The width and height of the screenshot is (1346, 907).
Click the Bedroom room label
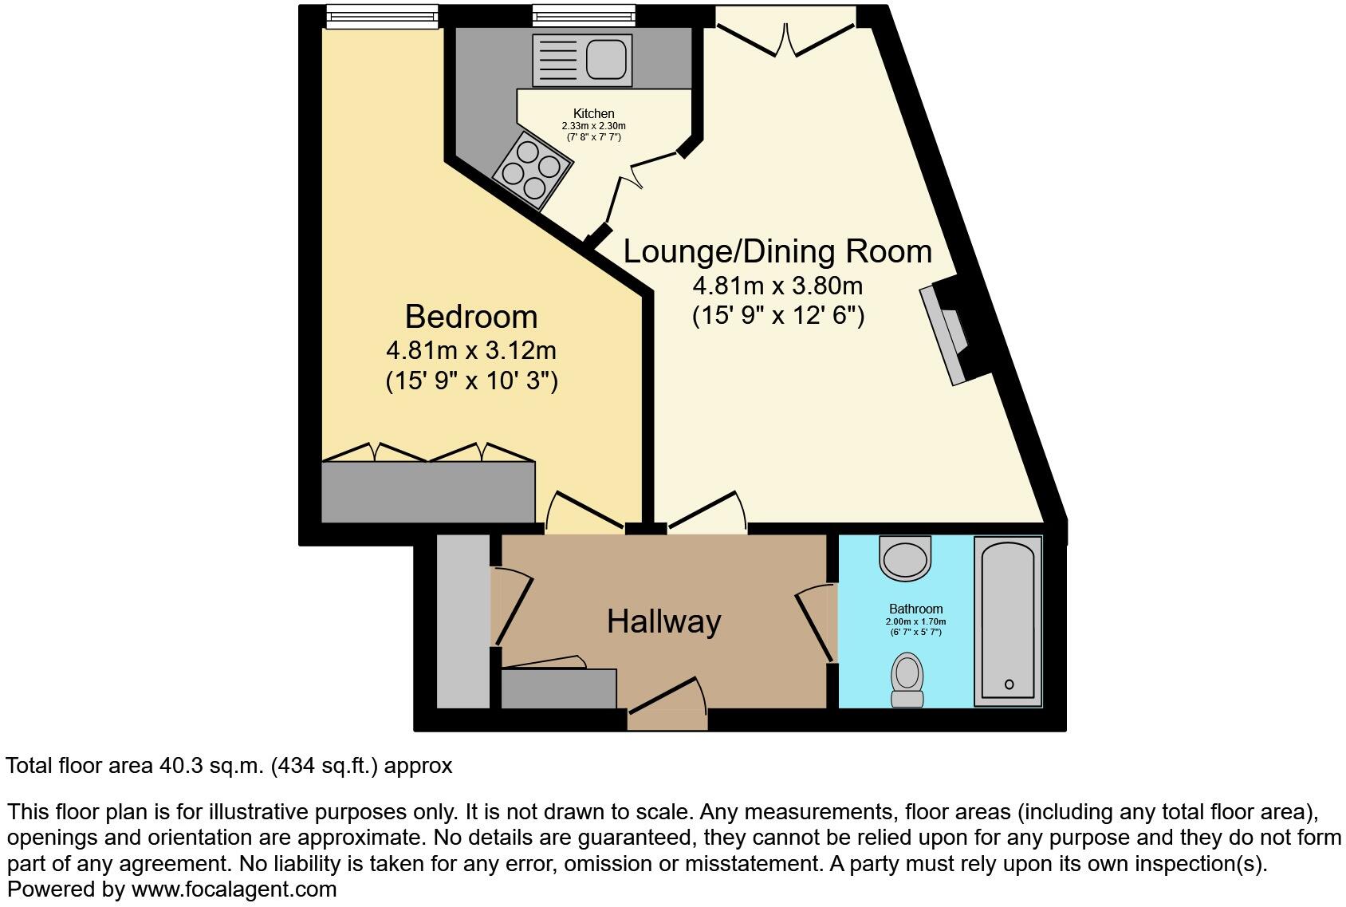coord(470,317)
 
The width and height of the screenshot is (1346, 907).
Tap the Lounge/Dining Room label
coord(777,251)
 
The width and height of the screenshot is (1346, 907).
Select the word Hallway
coord(663,621)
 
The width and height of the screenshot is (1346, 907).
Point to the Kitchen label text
coord(593,114)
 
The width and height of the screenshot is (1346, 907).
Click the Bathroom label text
coord(915,609)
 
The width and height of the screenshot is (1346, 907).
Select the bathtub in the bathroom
coord(1008,621)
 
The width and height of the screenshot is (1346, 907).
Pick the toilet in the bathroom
coord(907,680)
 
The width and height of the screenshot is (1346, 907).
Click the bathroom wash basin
coord(906,557)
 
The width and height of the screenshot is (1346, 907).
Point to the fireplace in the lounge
coord(953,333)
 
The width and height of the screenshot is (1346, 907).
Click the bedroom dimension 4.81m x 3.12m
coord(470,350)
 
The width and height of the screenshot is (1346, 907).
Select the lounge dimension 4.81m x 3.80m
coord(777,286)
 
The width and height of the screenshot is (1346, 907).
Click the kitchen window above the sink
coord(584,16)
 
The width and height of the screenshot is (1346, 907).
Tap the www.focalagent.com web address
coord(234,889)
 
